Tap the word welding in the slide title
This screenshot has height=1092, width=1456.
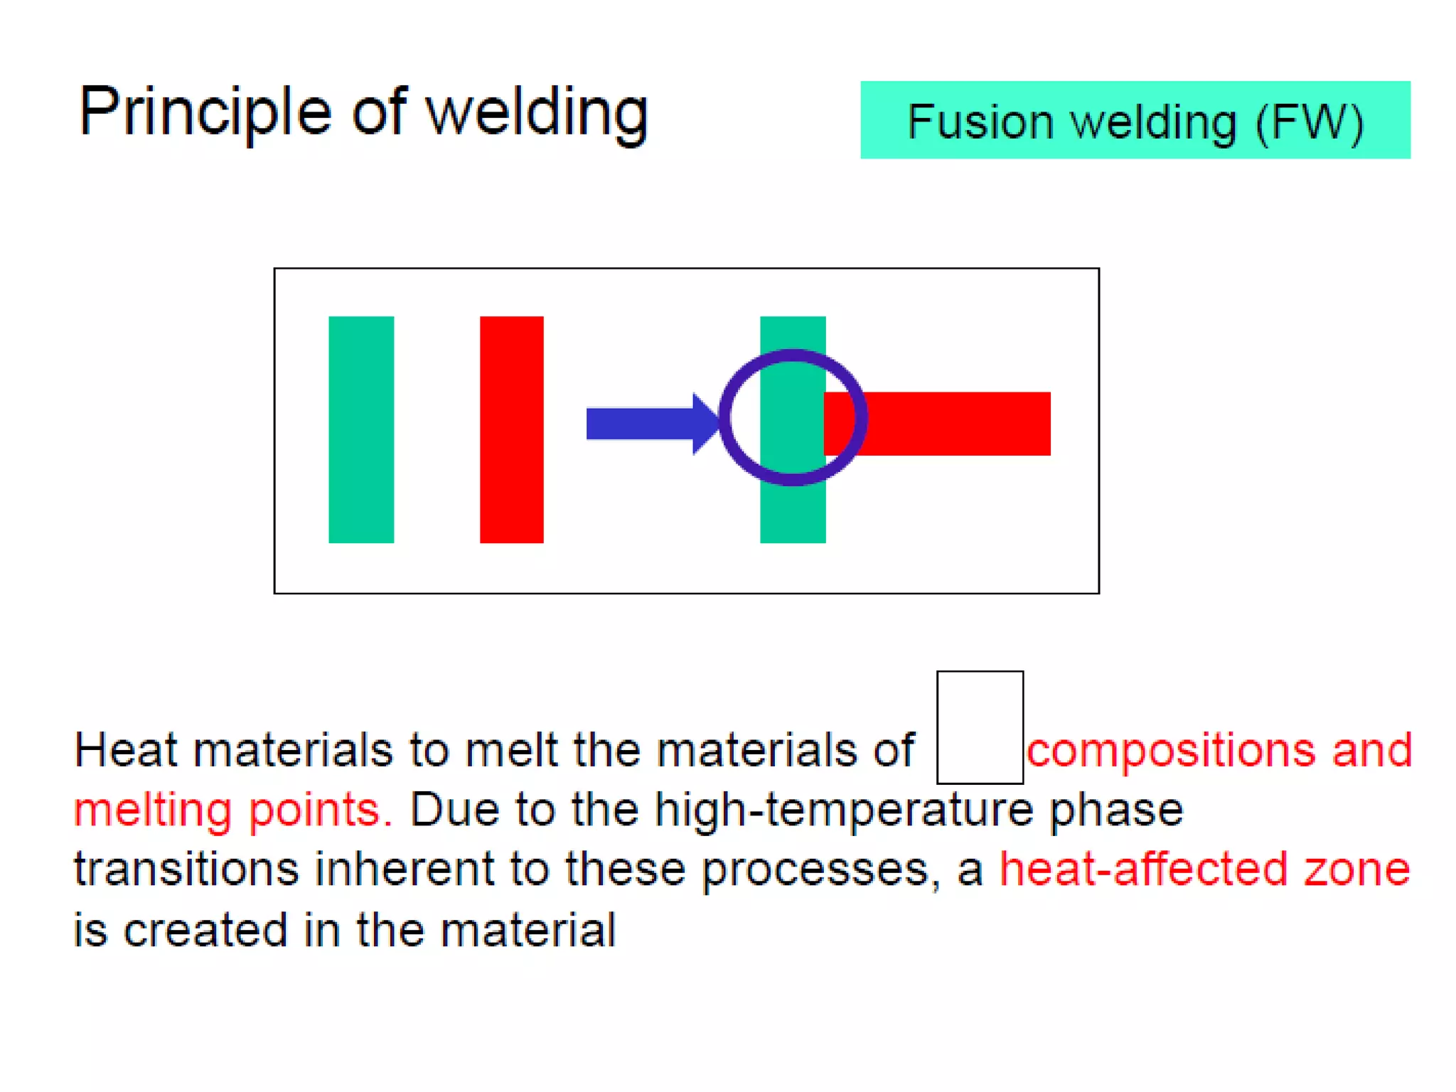pyautogui.click(x=537, y=114)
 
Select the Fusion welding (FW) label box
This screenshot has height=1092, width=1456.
pyautogui.click(x=1135, y=120)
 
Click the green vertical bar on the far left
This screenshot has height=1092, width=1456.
pyautogui.click(x=361, y=429)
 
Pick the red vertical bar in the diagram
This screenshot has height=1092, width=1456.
pyautogui.click(x=511, y=429)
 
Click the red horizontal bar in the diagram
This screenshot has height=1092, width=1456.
pyautogui.click(x=953, y=424)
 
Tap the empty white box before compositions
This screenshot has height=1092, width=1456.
pyautogui.click(x=980, y=727)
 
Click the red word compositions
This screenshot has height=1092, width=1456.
pyautogui.click(x=1170, y=750)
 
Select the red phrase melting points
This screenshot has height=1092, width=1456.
pyautogui.click(x=233, y=810)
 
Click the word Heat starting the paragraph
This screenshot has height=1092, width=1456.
pyautogui.click(x=125, y=750)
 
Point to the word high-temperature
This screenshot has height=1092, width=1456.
pyautogui.click(x=843, y=810)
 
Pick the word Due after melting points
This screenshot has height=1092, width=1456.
pyautogui.click(x=454, y=810)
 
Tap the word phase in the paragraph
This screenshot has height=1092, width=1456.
pyautogui.click(x=1116, y=811)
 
